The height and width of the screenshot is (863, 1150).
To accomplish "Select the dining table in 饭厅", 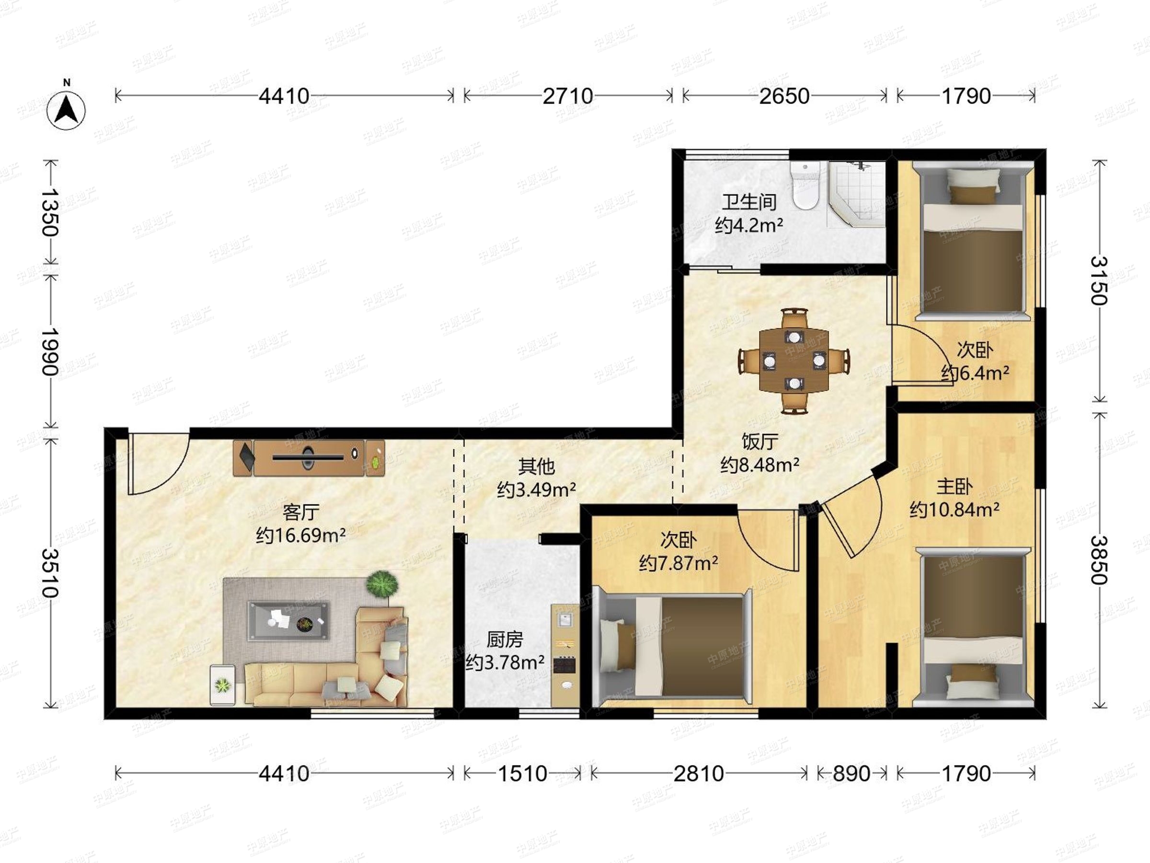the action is tap(794, 361).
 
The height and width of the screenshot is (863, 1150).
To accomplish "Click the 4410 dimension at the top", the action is tap(284, 96).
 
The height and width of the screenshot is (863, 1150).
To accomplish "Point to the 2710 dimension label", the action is tap(568, 96).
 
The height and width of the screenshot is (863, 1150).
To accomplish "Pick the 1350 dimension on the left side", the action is tap(50, 212).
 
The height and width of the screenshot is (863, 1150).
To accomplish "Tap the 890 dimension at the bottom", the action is tap(851, 774).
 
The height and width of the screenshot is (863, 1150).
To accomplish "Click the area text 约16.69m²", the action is tap(301, 535).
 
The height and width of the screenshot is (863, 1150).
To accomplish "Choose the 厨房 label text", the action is tap(505, 639).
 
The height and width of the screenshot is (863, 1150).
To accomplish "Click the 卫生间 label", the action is tap(749, 202).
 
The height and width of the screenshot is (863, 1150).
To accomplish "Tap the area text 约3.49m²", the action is tap(537, 490).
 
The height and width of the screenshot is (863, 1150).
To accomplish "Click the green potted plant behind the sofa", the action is tap(383, 584).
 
